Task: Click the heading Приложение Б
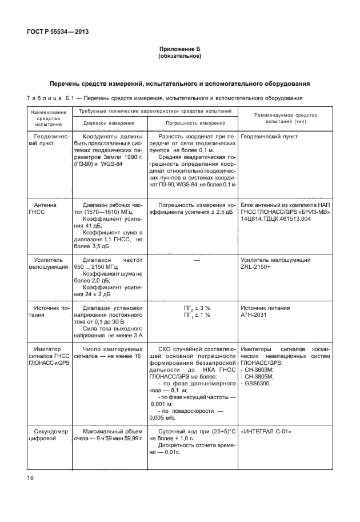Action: pos(179,50)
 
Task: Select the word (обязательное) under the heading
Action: pos(179,57)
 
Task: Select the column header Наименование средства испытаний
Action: pos(45,118)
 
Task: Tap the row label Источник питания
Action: pos(45,312)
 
